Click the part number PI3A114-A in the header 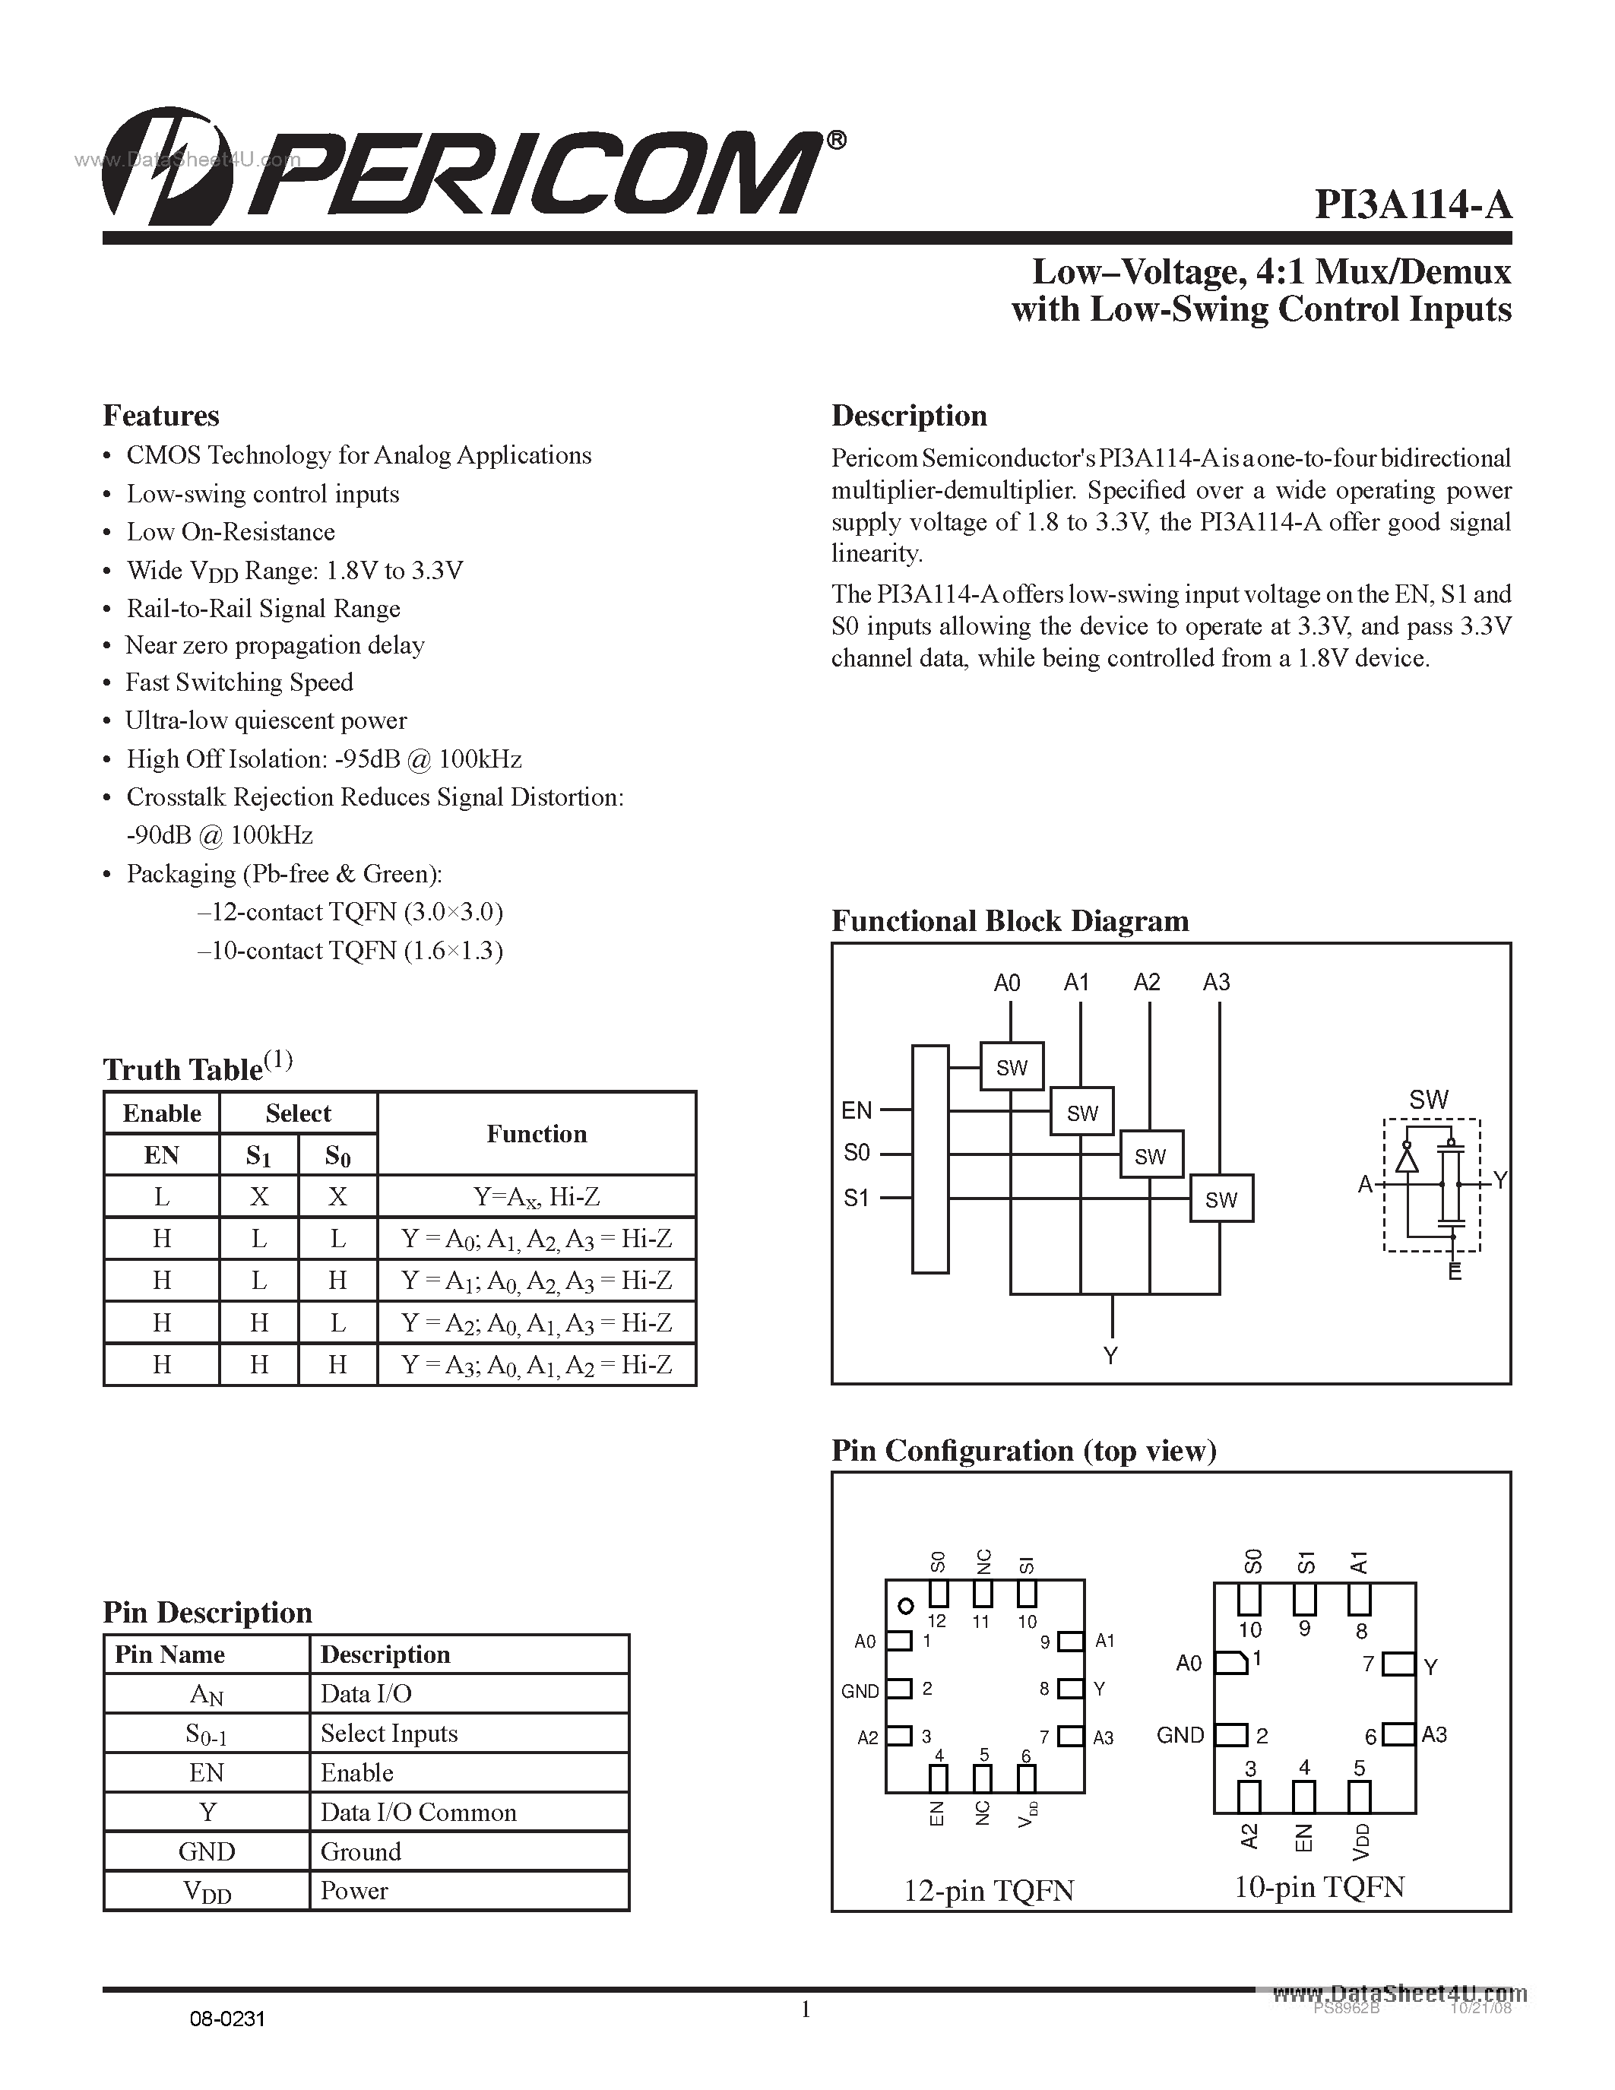point(1412,204)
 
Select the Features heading point(160,415)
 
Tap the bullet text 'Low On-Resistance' point(230,532)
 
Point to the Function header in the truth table point(536,1134)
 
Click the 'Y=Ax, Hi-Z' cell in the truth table point(536,1196)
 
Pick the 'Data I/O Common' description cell point(418,1813)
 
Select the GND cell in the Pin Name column point(207,1851)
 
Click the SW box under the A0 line point(1012,1067)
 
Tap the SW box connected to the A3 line point(1221,1199)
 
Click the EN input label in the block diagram point(857,1110)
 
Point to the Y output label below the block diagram point(1111,1355)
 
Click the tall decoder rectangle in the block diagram point(930,1159)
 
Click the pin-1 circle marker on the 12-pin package point(905,1606)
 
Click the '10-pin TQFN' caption point(1319,1886)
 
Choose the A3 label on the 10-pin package point(1433,1734)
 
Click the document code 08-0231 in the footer point(226,2019)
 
